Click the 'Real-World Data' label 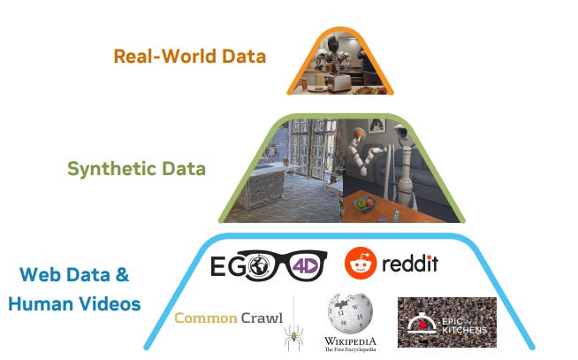[189, 57]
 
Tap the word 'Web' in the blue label [41, 274]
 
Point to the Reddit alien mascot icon [361, 263]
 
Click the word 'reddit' [409, 264]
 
